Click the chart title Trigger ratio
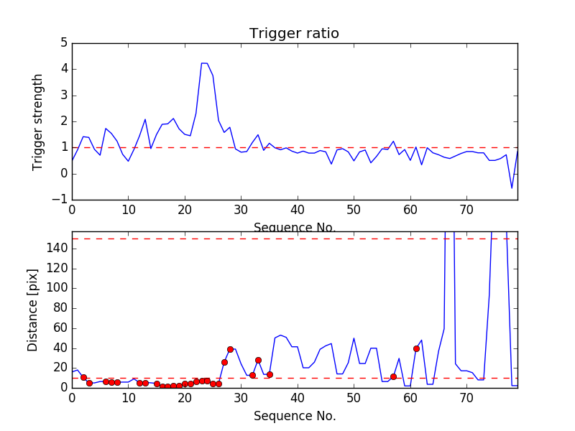[x=294, y=34]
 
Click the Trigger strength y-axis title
[x=38, y=121]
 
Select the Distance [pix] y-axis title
[x=33, y=310]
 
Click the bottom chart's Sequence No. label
[x=294, y=416]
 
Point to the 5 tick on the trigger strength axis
[x=64, y=43]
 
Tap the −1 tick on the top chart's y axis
[x=61, y=200]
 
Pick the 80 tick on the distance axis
[x=60, y=308]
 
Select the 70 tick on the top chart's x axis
[x=466, y=209]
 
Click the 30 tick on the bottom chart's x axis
[x=241, y=397]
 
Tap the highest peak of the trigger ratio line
[x=204, y=63]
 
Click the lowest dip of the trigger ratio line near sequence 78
[x=512, y=188]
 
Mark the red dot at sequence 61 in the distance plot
[x=416, y=348]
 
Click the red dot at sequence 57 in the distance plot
[x=393, y=376]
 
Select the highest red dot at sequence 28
[x=230, y=349]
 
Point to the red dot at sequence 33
[x=258, y=360]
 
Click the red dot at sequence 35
[x=270, y=374]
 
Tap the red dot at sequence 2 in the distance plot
[x=83, y=377]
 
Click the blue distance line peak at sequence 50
[x=354, y=338]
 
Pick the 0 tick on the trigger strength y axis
[x=64, y=174]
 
